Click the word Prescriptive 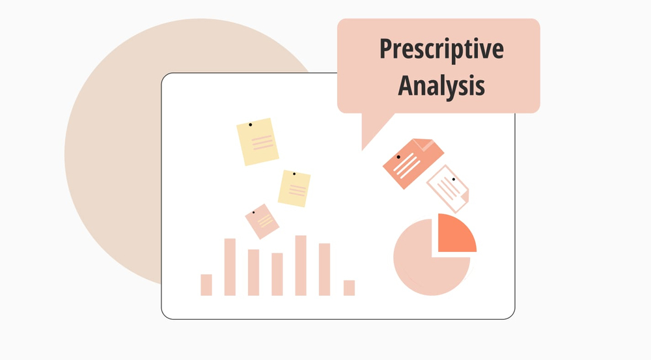[441, 50]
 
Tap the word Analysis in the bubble [441, 85]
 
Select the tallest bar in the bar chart [301, 265]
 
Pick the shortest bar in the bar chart [349, 288]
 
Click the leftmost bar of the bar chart [206, 284]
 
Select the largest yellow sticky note [258, 142]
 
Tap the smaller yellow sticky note [294, 189]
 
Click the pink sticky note [262, 221]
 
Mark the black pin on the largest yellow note [250, 124]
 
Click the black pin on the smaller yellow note [294, 174]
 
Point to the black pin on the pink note [253, 212]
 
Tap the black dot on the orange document [398, 157]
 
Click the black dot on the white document [453, 179]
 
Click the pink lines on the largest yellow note [262, 142]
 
